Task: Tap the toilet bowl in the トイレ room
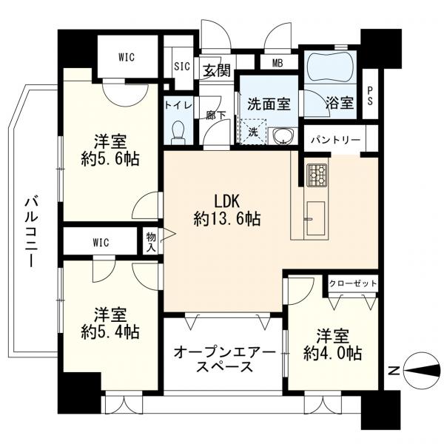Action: pos(178,132)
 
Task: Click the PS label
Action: pos(370,89)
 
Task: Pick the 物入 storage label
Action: pos(151,241)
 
